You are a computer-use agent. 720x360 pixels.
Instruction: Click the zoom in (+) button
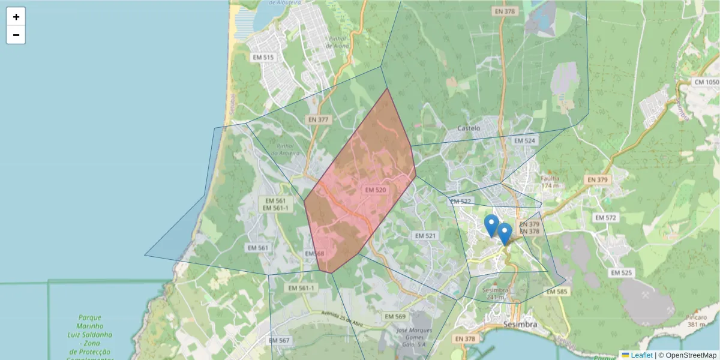[x=16, y=17]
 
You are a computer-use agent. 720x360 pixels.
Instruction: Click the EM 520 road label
[x=376, y=190]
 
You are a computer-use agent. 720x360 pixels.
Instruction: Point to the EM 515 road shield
[x=263, y=58]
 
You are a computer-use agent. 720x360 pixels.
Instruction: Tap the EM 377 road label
[x=319, y=119]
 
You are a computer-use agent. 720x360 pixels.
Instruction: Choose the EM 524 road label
[x=524, y=140]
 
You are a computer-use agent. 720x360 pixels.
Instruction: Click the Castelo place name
[x=469, y=128]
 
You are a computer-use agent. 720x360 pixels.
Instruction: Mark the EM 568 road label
[x=314, y=254]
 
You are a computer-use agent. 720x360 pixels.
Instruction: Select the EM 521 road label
[x=425, y=236]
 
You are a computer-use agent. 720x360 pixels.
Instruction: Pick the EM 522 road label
[x=461, y=202]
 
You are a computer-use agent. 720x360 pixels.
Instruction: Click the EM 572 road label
[x=604, y=217]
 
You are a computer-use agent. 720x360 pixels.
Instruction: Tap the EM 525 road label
[x=621, y=272]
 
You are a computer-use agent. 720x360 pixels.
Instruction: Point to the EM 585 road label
[x=557, y=292]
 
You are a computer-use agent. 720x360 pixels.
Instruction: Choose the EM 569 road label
[x=395, y=316]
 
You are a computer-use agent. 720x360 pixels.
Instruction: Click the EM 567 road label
[x=279, y=340]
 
